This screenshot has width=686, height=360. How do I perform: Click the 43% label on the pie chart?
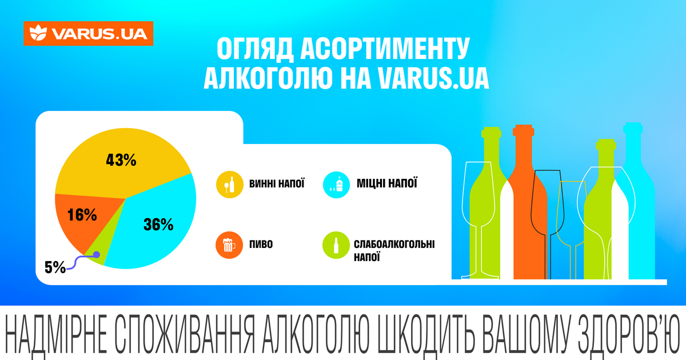(121, 160)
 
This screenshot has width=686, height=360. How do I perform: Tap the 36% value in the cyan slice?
(158, 225)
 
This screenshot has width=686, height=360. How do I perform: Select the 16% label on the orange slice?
(81, 215)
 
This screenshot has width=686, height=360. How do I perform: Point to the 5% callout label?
(55, 267)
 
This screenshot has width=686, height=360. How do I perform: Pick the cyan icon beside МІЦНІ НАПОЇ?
(336, 185)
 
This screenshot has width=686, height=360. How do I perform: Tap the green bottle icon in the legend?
(336, 245)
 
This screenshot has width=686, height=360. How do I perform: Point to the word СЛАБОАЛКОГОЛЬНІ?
(394, 245)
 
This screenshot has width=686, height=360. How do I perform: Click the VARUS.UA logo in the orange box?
(88, 34)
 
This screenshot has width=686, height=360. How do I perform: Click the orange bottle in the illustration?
(523, 206)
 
